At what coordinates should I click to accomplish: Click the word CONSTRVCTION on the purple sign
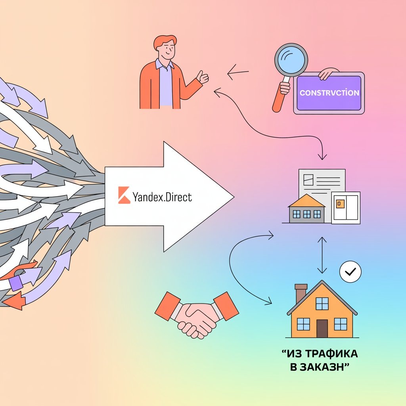point(329,93)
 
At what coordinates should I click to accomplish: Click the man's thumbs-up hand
point(203,77)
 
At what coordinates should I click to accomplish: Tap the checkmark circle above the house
point(350,272)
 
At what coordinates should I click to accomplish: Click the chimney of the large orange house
point(301,293)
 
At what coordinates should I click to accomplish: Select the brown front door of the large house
point(322,328)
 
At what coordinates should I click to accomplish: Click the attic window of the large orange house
point(322,303)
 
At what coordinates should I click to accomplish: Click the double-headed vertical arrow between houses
point(322,255)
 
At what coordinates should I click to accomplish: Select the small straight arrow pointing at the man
point(237,73)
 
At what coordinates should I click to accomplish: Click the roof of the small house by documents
point(306,201)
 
